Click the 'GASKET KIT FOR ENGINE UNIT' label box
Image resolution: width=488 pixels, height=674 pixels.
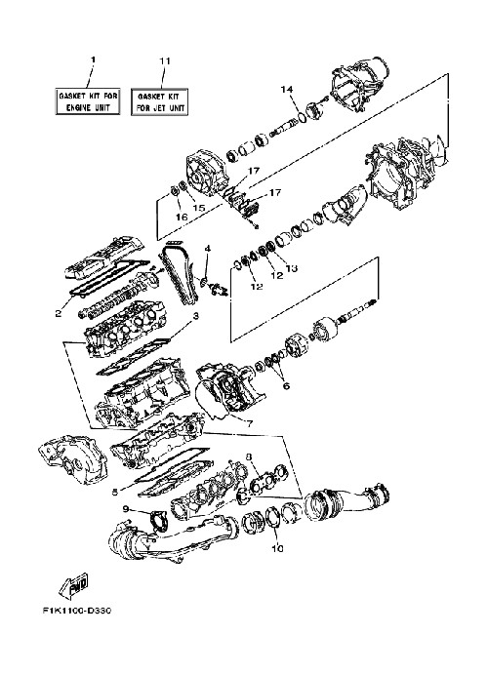(x=87, y=101)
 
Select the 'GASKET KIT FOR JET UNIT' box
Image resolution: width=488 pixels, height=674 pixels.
(x=160, y=101)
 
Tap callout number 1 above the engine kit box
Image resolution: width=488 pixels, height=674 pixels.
(x=92, y=59)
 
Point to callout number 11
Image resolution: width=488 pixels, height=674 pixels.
(x=165, y=60)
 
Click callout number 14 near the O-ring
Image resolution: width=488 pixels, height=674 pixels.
(x=287, y=90)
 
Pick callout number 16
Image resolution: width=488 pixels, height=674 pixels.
(x=182, y=218)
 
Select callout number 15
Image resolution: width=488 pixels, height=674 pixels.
(x=199, y=208)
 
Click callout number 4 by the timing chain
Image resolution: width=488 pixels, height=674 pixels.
(x=208, y=249)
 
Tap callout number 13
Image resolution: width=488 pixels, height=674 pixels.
(x=292, y=268)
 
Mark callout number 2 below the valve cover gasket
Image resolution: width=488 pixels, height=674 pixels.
(x=59, y=313)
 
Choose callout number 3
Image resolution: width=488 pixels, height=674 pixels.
(x=195, y=317)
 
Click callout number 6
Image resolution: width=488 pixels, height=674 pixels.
(x=286, y=385)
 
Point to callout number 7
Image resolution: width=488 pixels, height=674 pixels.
(x=250, y=423)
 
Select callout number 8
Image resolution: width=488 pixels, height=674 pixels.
(x=249, y=456)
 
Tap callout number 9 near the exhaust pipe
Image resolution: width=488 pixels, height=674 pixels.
(x=126, y=509)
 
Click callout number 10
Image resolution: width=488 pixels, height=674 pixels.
(x=277, y=548)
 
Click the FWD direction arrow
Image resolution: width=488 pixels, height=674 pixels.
(x=74, y=584)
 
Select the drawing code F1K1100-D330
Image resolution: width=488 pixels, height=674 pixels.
(x=77, y=611)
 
